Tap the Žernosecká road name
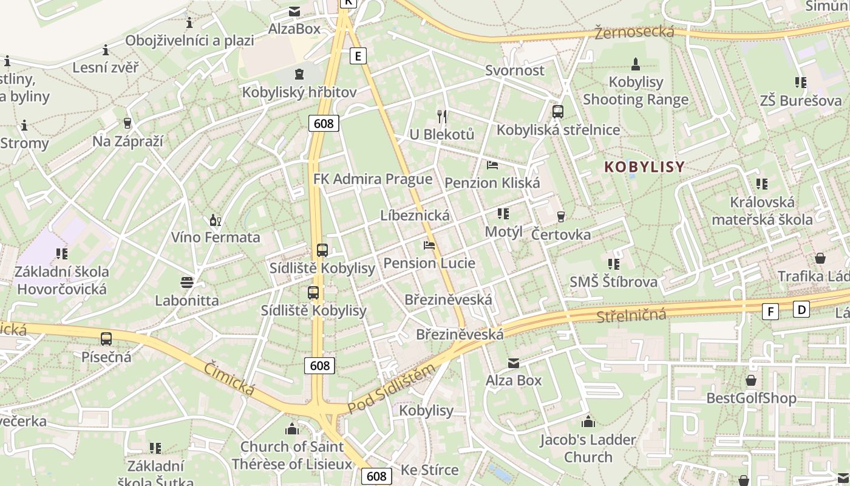click(634, 32)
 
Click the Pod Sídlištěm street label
click(392, 389)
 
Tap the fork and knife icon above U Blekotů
click(442, 116)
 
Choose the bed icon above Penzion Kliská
click(492, 165)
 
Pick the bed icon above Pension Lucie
click(429, 245)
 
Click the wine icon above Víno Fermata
click(214, 220)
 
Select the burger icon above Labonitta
click(186, 282)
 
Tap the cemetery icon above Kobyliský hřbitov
click(299, 75)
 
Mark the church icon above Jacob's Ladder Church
click(588, 422)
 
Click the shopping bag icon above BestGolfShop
click(751, 381)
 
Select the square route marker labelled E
click(358, 56)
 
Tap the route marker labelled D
click(801, 310)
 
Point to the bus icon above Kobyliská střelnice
click(558, 112)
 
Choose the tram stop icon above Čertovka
click(560, 217)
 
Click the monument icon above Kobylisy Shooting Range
click(636, 64)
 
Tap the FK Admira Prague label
click(373, 179)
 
